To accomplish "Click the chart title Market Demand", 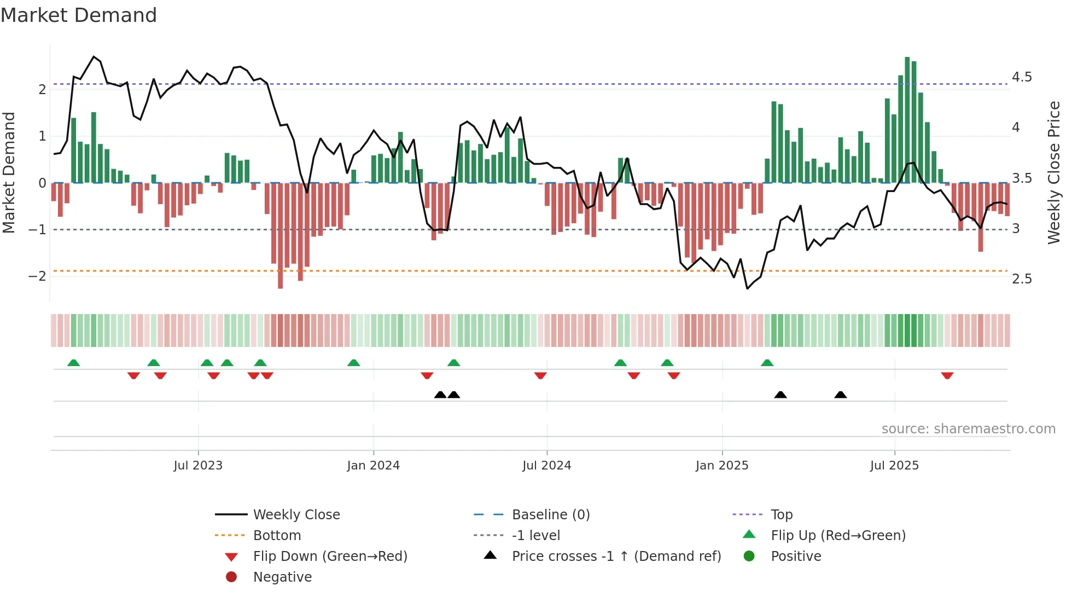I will pos(79,15).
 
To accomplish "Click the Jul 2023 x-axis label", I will pos(198,466).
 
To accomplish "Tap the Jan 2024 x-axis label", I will pos(374,466).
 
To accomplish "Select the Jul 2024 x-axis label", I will pos(547,466).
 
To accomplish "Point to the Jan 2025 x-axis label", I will pos(722,466).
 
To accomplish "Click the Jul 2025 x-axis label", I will pos(895,466).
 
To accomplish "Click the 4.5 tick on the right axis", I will pos(1022,77).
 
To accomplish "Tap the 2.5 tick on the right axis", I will pos(1022,279).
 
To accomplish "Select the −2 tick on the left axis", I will pos(37,276).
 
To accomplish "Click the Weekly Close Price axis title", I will pos(1054,172).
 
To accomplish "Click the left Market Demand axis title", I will pos(9,172).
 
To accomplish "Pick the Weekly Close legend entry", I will pos(296,515).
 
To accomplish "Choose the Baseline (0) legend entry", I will pos(550,515).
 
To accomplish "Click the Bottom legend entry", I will pos(277,536).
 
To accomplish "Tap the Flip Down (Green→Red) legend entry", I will pos(330,556).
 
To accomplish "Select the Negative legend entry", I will pos(282,577).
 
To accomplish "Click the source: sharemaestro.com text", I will pos(968,429).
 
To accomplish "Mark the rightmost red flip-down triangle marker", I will pos(947,376).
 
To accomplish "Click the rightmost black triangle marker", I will pos(841,395).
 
